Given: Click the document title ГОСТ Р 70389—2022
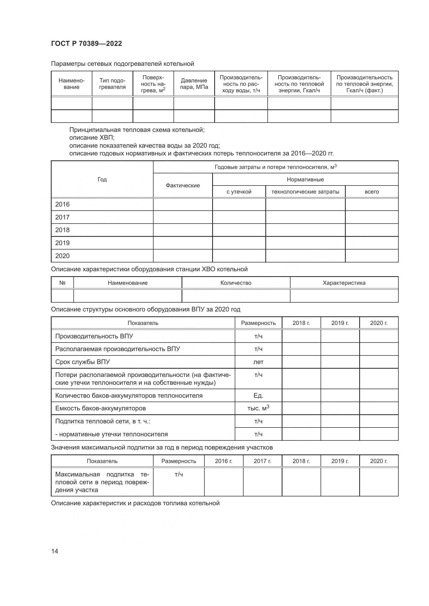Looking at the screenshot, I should (x=86, y=44).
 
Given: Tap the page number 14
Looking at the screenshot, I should (x=54, y=551).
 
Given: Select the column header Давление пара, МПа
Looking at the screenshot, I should (x=194, y=84).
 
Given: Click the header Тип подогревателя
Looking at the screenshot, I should (x=112, y=84).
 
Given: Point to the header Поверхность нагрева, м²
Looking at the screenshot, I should (x=153, y=84).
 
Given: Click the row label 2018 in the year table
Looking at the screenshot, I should (x=62, y=230).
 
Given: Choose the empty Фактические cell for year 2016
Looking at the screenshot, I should (x=183, y=204).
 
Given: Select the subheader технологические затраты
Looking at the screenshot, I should (x=305, y=192).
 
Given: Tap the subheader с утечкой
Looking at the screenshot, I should (x=239, y=192).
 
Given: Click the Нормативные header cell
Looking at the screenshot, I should (x=305, y=180).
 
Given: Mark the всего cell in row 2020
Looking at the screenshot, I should (x=371, y=256).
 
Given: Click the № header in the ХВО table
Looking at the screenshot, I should (x=62, y=283).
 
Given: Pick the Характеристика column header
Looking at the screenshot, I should (x=344, y=283).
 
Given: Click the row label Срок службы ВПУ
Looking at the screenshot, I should (x=82, y=362).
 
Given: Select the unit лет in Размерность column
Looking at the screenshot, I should (x=258, y=362).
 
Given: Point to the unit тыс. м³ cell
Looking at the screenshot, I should (x=258, y=408).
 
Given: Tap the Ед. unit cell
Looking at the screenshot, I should (x=258, y=395).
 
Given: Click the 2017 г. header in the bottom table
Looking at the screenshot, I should (x=262, y=461).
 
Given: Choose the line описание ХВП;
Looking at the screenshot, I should (x=92, y=138).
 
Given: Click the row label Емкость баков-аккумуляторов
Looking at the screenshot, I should (x=100, y=408).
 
